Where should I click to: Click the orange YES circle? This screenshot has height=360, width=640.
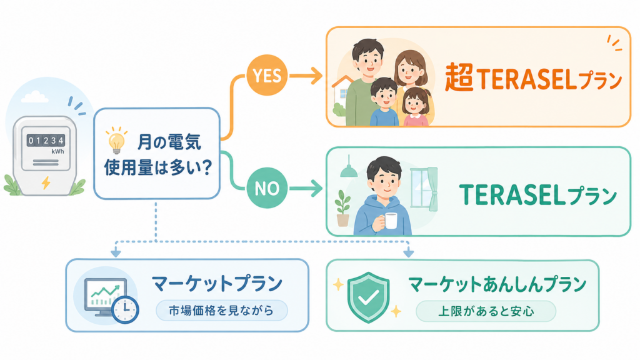[267, 75]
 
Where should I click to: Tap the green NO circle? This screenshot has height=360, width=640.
[267, 187]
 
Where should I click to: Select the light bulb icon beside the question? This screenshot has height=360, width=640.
[117, 141]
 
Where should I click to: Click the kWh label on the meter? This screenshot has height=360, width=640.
[57, 151]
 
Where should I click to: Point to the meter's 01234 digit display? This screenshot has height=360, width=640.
[46, 141]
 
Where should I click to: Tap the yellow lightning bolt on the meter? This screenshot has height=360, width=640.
[46, 182]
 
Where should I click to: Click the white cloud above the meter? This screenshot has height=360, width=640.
[34, 97]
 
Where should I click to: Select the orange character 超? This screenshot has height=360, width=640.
[459, 77]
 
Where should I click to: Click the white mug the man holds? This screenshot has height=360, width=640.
[391, 221]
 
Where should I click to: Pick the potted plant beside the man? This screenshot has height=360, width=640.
[343, 208]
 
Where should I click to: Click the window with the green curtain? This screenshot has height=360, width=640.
[424, 189]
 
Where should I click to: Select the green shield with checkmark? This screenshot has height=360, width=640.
[368, 297]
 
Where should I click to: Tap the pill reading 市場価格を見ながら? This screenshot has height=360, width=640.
[222, 311]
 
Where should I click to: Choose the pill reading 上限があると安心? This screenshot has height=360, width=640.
[486, 311]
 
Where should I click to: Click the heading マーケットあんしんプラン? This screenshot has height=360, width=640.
[497, 284]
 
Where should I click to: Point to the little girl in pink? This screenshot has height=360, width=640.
[416, 107]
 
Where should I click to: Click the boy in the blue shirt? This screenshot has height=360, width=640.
[384, 102]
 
